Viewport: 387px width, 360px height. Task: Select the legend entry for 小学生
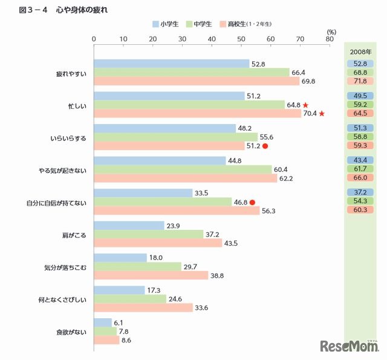164,24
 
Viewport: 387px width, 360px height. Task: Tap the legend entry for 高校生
248,24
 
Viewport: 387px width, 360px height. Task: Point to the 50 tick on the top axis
241,39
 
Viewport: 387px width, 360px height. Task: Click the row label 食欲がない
71,332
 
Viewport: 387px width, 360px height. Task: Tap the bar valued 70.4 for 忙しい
197,113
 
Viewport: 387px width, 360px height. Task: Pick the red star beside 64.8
306,105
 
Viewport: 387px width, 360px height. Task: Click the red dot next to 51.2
265,146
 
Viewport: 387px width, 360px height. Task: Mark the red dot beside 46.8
252,203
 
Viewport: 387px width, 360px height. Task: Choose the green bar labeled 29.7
137,267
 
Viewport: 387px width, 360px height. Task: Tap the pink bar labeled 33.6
143,307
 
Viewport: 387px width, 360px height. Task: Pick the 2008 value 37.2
360,192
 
